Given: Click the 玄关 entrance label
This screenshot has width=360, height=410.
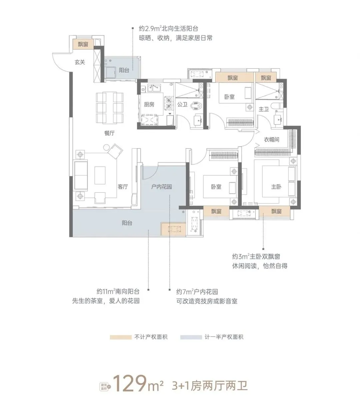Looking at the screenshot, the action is (x=80, y=62).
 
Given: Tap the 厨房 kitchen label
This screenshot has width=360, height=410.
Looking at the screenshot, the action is (x=149, y=104).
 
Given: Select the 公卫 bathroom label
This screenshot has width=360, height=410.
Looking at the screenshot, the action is (x=182, y=104).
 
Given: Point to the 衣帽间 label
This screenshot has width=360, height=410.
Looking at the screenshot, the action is (x=271, y=140).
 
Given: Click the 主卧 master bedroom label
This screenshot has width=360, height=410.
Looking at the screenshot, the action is (x=276, y=187).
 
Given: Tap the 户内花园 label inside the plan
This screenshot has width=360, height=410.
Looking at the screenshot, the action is (x=161, y=187).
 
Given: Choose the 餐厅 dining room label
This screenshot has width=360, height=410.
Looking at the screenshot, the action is (x=109, y=133).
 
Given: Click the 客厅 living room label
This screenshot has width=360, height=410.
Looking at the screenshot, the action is (x=123, y=187).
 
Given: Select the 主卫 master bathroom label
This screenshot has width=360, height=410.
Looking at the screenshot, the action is (x=264, y=109).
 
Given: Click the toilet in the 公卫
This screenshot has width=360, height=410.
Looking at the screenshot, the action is (x=197, y=106).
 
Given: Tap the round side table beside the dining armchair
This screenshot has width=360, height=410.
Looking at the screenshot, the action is (x=107, y=147).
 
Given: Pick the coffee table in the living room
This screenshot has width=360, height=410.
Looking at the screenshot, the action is (x=100, y=175).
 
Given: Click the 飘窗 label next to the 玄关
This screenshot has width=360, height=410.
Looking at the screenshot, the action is (x=83, y=44).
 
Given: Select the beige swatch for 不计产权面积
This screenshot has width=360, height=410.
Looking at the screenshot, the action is (x=121, y=337).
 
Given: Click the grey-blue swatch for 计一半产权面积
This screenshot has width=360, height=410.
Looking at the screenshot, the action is (x=191, y=337).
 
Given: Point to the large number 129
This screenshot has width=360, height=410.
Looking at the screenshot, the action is (x=130, y=383).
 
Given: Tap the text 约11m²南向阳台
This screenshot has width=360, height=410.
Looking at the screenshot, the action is (x=118, y=292).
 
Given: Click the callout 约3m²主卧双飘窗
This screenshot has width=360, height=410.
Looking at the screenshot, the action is (x=256, y=256).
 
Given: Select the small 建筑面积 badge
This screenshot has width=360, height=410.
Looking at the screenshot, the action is (x=105, y=387).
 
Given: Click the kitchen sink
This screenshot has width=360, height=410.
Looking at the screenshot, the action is (x=154, y=88).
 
